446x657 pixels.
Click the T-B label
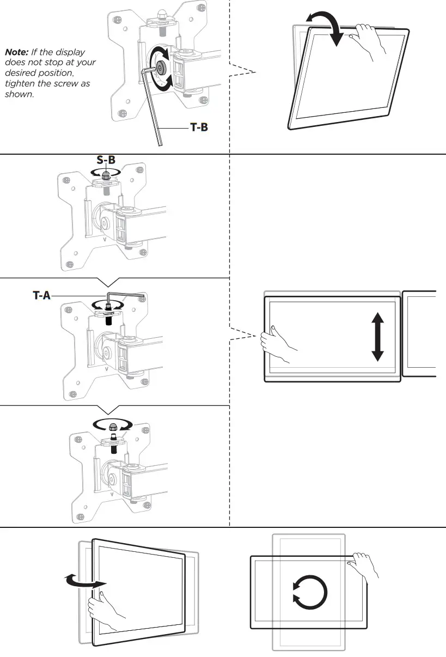pyautogui.click(x=198, y=127)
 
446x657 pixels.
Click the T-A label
pyautogui.click(x=42, y=296)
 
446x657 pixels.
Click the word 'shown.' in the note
pyautogui.click(x=19, y=94)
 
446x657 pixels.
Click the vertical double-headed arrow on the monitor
pyautogui.click(x=377, y=338)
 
